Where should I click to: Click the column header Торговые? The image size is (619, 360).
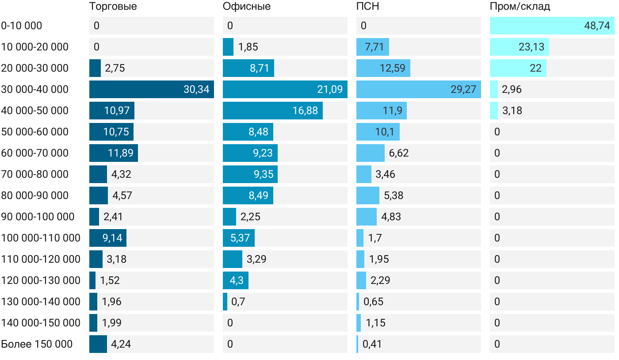point(113,7)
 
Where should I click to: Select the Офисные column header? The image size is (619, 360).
point(247,7)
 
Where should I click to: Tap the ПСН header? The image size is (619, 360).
point(368,7)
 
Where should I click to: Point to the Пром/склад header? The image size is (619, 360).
point(520,7)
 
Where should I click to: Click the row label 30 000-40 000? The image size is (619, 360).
point(35,89)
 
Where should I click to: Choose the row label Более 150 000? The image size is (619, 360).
point(37,344)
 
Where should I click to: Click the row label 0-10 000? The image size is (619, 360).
point(22,26)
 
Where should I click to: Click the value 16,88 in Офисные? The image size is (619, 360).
point(305,111)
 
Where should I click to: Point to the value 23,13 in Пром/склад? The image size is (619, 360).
point(531,47)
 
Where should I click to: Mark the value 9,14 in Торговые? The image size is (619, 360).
point(112,238)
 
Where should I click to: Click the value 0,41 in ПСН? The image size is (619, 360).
point(372,344)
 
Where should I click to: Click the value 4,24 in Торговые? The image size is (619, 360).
point(121,344)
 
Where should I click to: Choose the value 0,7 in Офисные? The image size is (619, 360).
point(238,302)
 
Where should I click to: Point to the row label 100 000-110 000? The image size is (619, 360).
point(41,238)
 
